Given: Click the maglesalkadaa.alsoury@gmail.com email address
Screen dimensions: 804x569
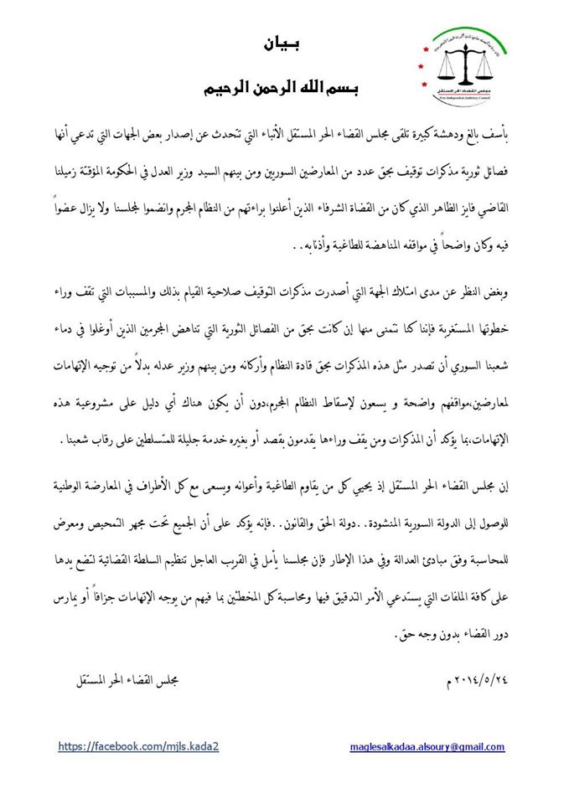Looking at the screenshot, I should point(426,746).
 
